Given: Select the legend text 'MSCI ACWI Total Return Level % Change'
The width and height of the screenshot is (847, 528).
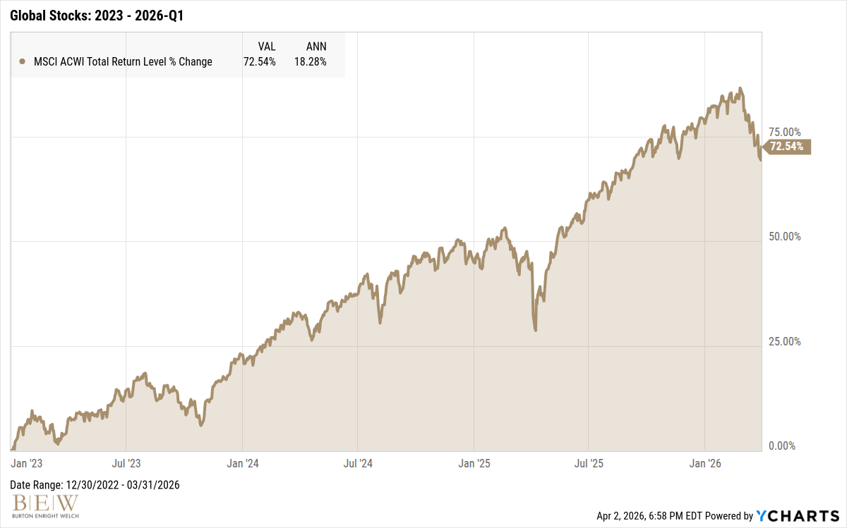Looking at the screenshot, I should (123, 62).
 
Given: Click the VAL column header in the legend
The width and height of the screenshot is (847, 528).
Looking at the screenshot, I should (266, 47).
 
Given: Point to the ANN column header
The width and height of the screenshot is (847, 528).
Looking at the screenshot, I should (316, 47).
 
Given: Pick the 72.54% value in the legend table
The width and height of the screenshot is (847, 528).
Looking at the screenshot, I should (259, 62).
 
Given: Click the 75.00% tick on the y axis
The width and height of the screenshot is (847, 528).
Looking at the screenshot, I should (783, 132).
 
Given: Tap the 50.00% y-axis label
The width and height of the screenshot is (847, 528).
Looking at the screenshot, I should (783, 237).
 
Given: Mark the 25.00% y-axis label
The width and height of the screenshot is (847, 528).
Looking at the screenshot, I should (783, 342).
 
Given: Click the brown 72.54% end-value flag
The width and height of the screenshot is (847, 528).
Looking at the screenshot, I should (787, 147).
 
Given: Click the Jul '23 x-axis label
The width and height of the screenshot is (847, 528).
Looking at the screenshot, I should (126, 463).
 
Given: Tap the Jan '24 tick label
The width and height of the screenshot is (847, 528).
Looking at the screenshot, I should (243, 463).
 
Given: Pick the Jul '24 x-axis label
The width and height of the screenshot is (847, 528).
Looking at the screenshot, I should (358, 463).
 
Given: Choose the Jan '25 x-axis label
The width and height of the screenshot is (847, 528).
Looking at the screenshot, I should (474, 463).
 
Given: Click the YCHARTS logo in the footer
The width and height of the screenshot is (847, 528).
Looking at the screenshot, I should (798, 516).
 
